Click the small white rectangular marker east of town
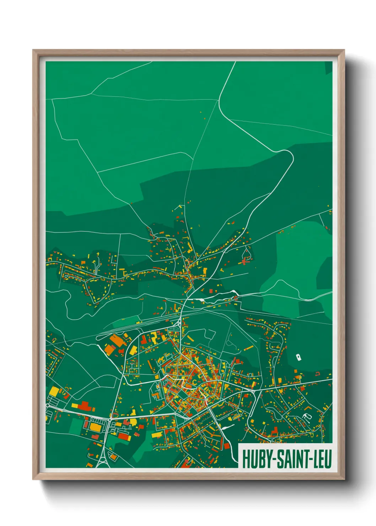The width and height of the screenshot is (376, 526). (299, 357)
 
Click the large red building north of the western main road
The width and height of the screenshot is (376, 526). (84, 406)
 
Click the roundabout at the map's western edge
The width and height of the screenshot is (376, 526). (48, 405)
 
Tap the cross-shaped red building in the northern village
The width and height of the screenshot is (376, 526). (245, 261)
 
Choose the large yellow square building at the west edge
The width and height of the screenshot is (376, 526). (54, 391)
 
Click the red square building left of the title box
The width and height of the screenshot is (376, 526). (226, 446)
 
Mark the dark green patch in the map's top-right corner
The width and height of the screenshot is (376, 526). (328, 68)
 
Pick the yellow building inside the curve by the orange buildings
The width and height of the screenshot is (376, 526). (133, 350)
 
